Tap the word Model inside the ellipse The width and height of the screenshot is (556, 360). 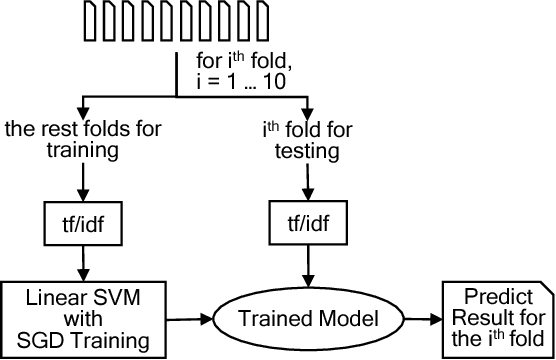click(324, 320)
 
